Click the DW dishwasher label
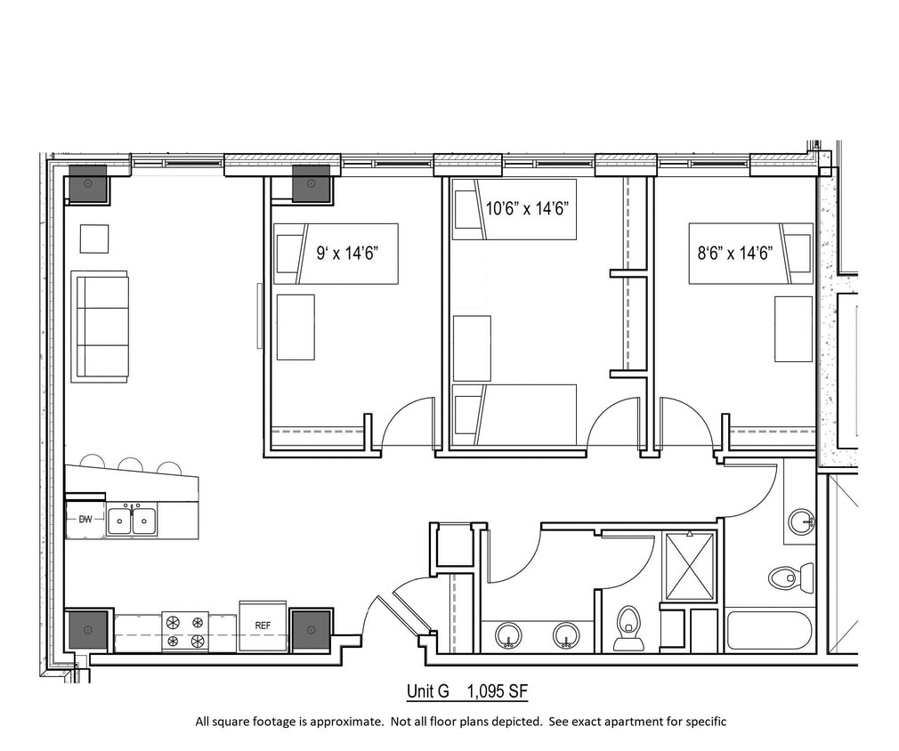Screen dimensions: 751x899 point(85,519)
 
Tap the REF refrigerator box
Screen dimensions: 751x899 point(263,626)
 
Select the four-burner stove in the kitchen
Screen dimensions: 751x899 point(184,631)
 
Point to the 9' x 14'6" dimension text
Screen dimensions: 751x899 point(349,252)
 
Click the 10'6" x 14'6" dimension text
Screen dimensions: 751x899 point(527,209)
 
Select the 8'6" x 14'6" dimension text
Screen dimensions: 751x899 point(734,252)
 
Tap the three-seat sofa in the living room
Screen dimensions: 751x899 point(100,327)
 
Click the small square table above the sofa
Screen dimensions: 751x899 point(94,238)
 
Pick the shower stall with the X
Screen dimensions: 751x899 point(690,567)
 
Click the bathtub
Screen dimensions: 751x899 point(769,630)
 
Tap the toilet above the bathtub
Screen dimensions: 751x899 point(791,577)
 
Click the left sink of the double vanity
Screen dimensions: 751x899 point(509,635)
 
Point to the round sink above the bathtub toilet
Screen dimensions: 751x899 point(801,521)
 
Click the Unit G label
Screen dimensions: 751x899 point(428,691)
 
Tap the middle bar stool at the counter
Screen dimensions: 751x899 point(130,464)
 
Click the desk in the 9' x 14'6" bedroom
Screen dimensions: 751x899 point(296,327)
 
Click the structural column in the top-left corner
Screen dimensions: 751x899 point(88,184)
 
